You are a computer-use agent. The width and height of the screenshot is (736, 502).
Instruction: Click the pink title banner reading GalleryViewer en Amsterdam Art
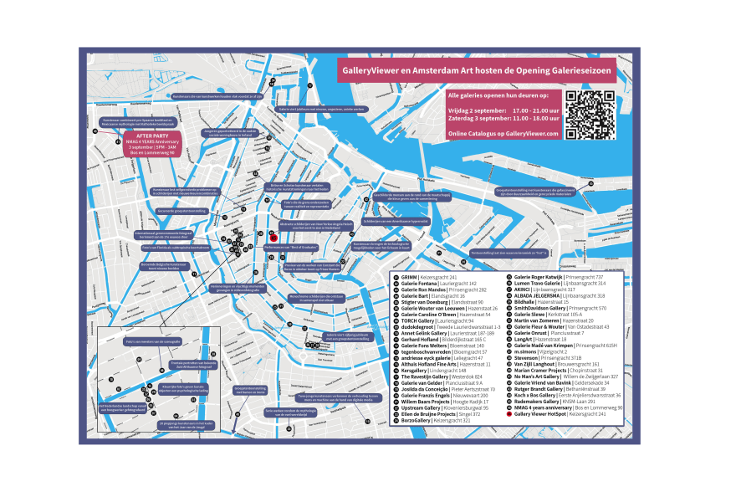tap(475, 70)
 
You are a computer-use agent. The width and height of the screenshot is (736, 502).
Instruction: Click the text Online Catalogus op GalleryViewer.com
tap(503, 134)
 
